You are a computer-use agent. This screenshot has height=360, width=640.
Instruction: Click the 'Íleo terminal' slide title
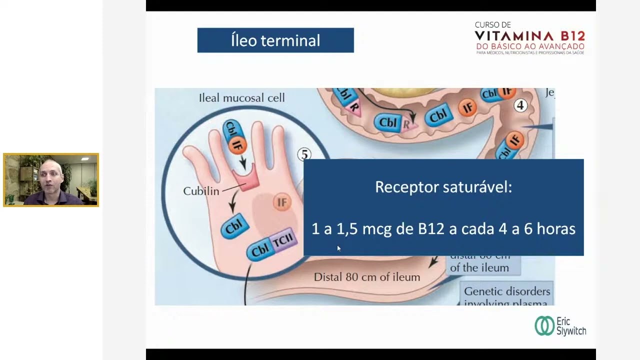point(275,40)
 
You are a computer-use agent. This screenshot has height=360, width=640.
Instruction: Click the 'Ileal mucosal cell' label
point(241,98)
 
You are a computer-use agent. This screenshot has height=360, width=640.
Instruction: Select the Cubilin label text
point(201,191)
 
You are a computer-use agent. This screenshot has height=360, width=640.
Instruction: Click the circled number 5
point(304,154)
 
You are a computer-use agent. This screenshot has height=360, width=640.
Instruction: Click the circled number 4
point(520,105)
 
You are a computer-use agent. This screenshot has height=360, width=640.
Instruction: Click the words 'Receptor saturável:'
point(443,187)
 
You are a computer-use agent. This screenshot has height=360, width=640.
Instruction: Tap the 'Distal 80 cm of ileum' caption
point(366,276)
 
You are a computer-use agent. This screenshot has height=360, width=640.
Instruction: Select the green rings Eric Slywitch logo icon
point(544,325)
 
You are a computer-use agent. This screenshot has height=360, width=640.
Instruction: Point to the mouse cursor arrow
point(338,248)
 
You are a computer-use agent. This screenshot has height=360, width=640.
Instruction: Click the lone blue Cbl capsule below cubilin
point(235,227)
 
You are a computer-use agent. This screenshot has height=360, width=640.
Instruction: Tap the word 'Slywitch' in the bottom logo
point(571,330)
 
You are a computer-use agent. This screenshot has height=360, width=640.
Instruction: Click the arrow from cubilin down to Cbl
point(232,202)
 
